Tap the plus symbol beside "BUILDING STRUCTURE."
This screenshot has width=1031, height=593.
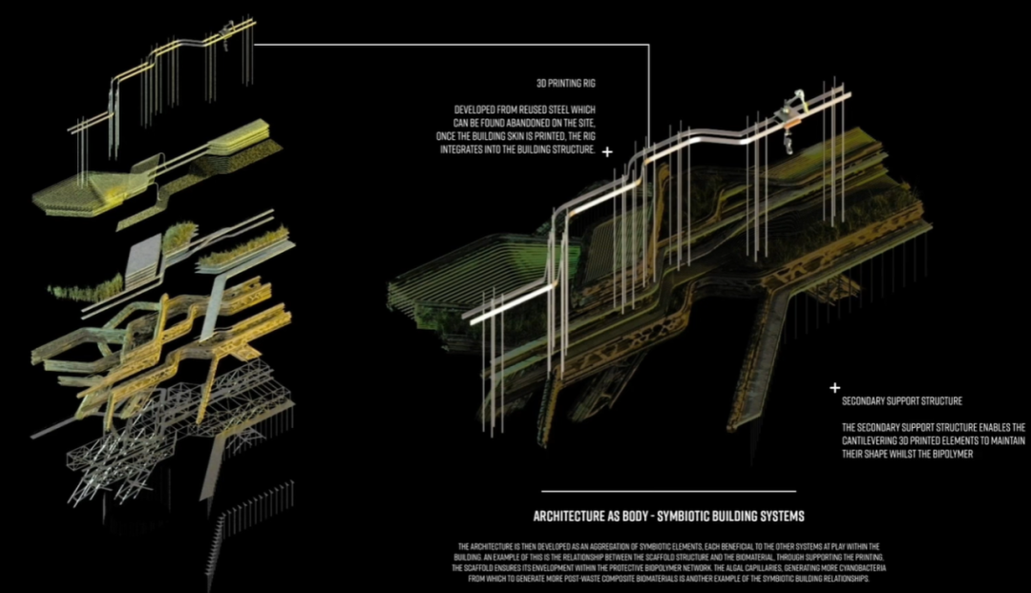click(608, 152)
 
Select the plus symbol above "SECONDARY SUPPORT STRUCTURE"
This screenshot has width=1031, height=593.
click(834, 388)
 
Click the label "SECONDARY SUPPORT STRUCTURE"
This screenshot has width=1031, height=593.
click(901, 400)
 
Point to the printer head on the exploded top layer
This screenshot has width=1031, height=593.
click(228, 33)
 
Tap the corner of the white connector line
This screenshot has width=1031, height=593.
click(649, 45)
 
